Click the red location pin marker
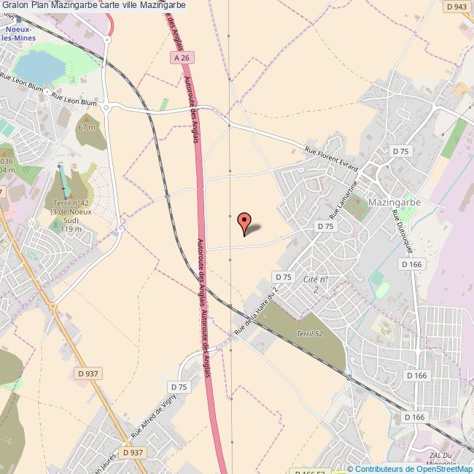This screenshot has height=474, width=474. point(244,222)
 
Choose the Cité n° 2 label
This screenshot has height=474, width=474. point(316,284)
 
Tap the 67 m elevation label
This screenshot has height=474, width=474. point(88,128)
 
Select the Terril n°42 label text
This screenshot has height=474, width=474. point(70,203)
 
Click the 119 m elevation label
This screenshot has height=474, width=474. point(71,229)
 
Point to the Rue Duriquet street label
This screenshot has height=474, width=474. point(403,232)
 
